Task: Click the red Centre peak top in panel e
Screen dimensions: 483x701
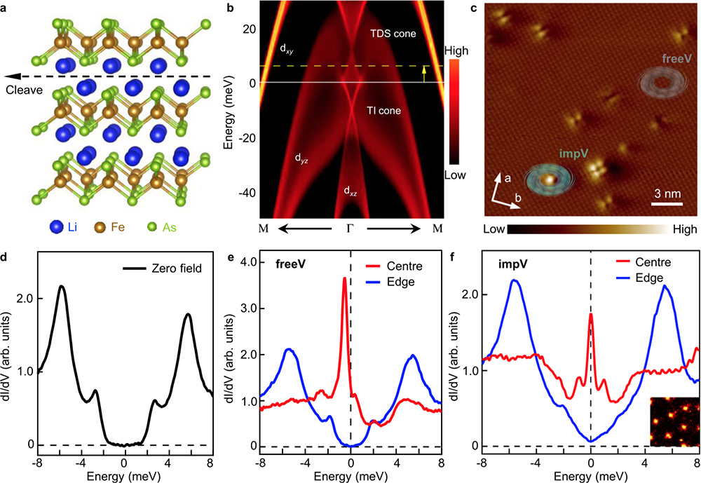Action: [x=345, y=278]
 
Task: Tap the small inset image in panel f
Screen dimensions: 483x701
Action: [x=673, y=422]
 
